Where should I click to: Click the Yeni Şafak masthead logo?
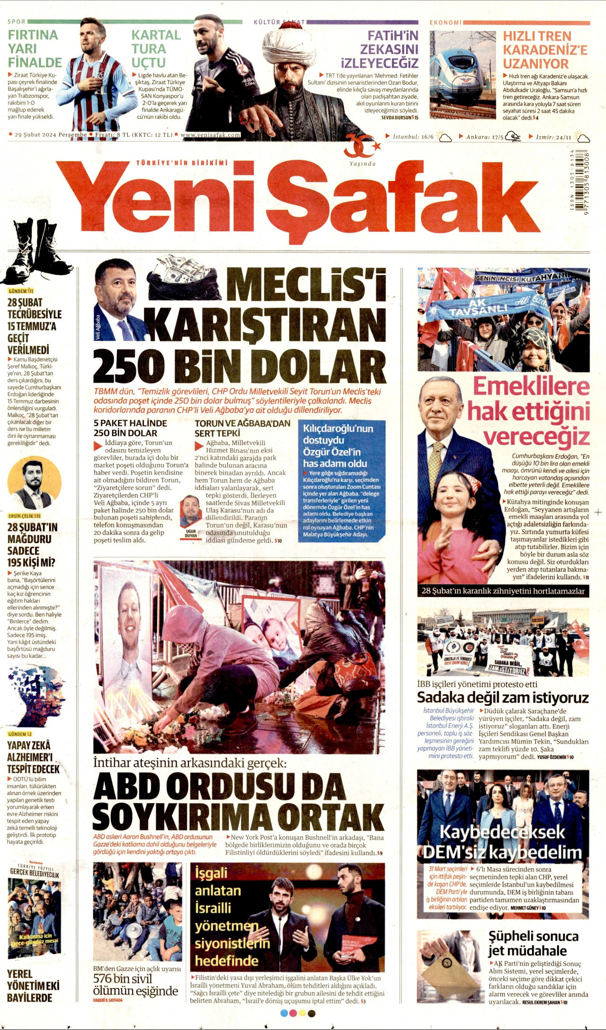coord(298,201)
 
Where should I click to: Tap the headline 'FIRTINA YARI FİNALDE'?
coord(35,49)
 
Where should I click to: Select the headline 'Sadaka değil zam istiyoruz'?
coord(503,698)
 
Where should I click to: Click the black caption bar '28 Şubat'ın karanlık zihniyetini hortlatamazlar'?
coord(503,591)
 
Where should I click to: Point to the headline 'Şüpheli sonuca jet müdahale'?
coord(533,943)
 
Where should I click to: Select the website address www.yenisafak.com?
coord(210,135)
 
